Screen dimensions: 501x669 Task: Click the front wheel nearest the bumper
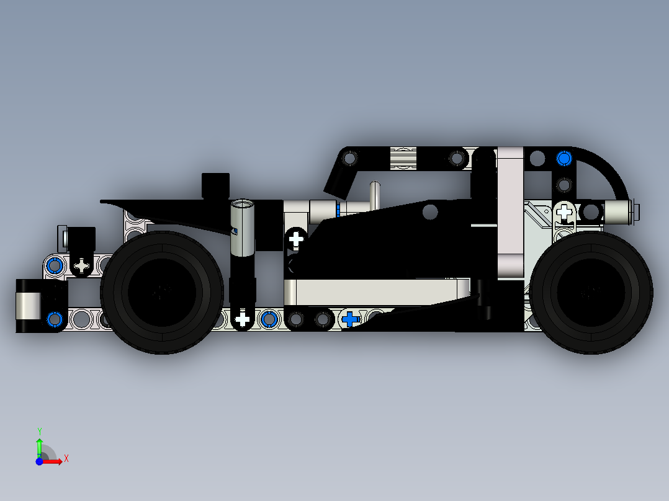click(162, 293)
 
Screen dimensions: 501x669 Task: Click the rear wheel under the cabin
click(590, 293)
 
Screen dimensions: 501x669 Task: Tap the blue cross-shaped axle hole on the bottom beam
click(351, 319)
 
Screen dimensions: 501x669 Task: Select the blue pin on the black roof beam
click(563, 159)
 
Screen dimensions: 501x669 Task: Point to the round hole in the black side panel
click(429, 212)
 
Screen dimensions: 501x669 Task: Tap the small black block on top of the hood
click(215, 185)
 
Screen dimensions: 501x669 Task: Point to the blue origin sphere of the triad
click(39, 461)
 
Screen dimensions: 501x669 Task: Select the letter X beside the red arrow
click(66, 458)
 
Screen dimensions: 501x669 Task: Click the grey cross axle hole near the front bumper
click(82, 266)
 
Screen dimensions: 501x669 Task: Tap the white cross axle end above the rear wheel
click(564, 211)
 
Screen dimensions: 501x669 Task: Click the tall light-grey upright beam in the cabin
click(511, 211)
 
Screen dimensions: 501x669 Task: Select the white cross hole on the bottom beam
click(242, 319)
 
